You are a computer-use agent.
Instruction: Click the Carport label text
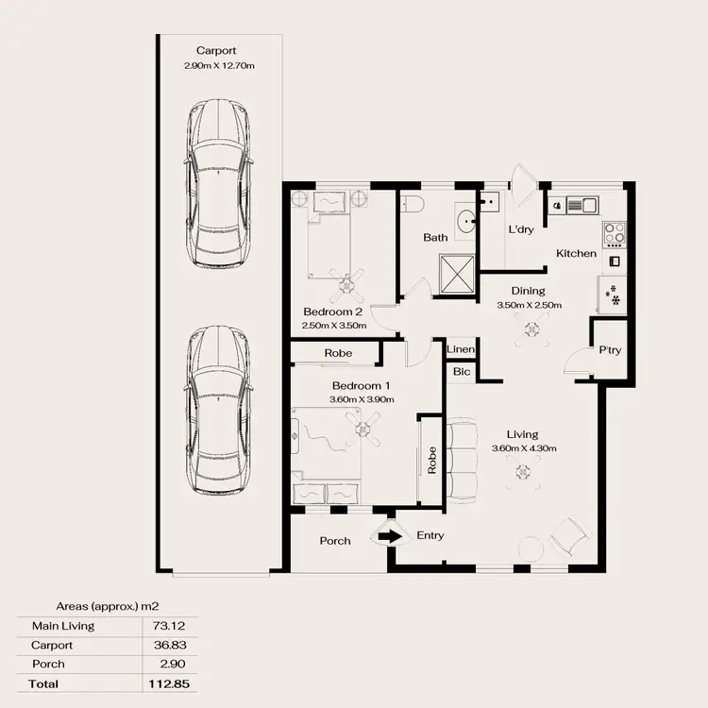216,51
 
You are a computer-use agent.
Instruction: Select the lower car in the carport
218,411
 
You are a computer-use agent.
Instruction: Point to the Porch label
335,541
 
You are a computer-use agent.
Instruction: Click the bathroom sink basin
466,223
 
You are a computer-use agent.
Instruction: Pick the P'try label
610,350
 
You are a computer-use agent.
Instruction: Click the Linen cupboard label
461,350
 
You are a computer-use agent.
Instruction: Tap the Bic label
461,372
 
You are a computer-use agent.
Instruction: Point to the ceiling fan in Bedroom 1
362,431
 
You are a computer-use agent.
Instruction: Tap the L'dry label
521,230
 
